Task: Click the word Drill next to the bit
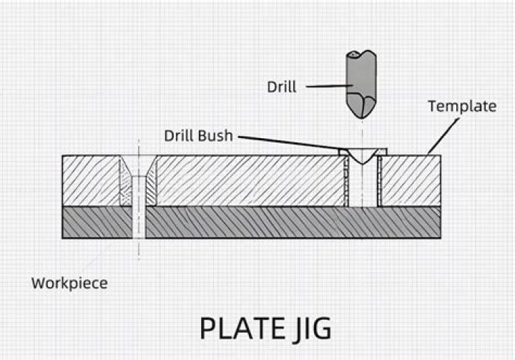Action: click(x=282, y=87)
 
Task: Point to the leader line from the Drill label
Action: click(x=325, y=87)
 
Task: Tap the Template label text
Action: click(x=461, y=107)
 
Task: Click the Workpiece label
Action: click(x=69, y=283)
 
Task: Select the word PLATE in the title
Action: click(x=241, y=329)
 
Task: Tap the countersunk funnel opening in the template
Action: click(x=138, y=168)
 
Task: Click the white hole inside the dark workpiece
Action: click(x=139, y=222)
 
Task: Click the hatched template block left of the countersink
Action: click(x=89, y=180)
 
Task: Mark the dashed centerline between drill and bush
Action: click(x=363, y=132)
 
